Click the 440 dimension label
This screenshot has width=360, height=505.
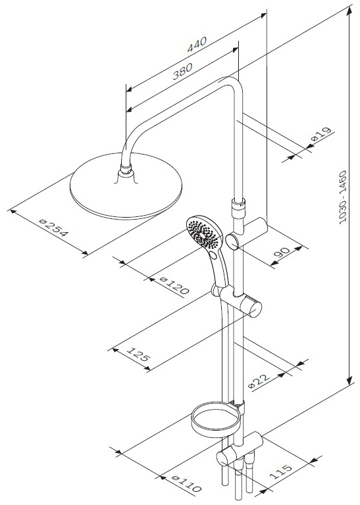tap(197, 45)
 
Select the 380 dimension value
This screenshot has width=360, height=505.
tap(182, 71)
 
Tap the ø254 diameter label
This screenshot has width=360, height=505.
tap(54, 228)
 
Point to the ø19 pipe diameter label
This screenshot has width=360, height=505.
tap(321, 134)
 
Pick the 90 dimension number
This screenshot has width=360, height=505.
tap(282, 252)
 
